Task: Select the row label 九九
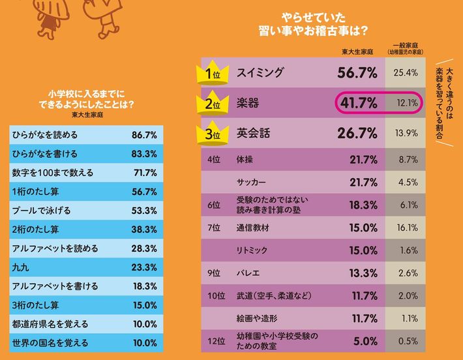pyautogui.click(x=21, y=267)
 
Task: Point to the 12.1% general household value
pyautogui.click(x=406, y=104)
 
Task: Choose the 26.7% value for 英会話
pyautogui.click(x=357, y=134)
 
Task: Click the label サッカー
pyautogui.click(x=251, y=183)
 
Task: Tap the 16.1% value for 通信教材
pyautogui.click(x=406, y=228)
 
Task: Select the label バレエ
pyautogui.click(x=248, y=273)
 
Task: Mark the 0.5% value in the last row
pyautogui.click(x=408, y=340)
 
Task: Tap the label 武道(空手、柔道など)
pyautogui.click(x=274, y=295)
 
